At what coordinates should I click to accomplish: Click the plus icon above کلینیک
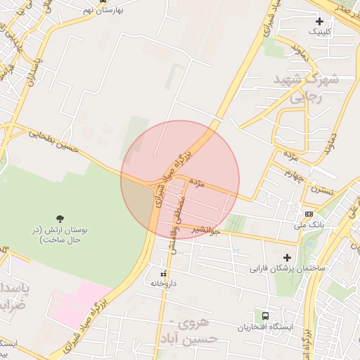[320, 21]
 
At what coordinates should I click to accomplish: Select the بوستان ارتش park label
[57, 235]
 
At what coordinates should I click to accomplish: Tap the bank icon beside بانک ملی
[309, 213]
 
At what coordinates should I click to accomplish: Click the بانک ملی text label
[309, 225]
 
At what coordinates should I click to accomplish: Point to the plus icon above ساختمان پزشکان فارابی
[286, 257]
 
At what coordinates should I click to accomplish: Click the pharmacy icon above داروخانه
[163, 273]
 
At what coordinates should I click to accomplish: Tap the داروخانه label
[163, 283]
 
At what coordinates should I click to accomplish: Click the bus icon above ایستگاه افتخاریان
[265, 316]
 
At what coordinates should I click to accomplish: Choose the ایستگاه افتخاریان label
[265, 328]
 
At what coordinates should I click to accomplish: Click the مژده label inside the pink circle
[197, 184]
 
